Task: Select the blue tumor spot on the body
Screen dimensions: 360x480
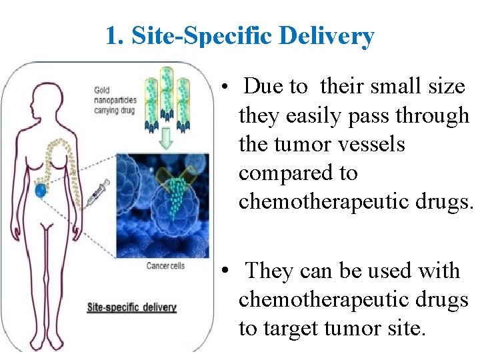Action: click(41, 191)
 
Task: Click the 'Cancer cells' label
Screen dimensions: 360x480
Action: click(165, 266)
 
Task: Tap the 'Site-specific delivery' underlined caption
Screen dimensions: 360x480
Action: click(132, 307)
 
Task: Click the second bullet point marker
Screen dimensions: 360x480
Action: click(227, 273)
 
